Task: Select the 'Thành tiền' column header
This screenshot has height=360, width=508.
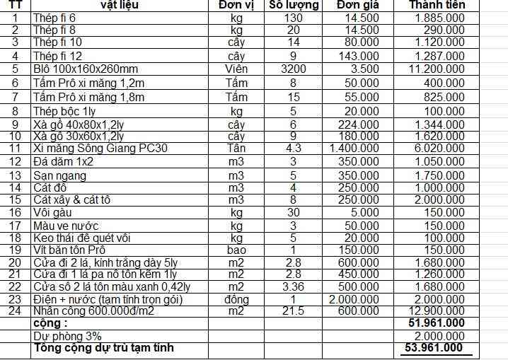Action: tap(437, 5)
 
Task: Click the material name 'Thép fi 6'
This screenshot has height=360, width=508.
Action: tap(54, 17)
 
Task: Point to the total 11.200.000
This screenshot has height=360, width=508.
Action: tap(437, 69)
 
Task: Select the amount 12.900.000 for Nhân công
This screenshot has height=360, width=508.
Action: tap(437, 310)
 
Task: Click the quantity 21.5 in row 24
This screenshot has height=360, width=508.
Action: tap(293, 310)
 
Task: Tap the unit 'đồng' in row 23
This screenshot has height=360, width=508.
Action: tap(237, 298)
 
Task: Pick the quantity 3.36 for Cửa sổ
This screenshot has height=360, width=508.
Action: tap(293, 286)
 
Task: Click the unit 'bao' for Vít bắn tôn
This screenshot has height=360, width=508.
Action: tap(237, 250)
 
